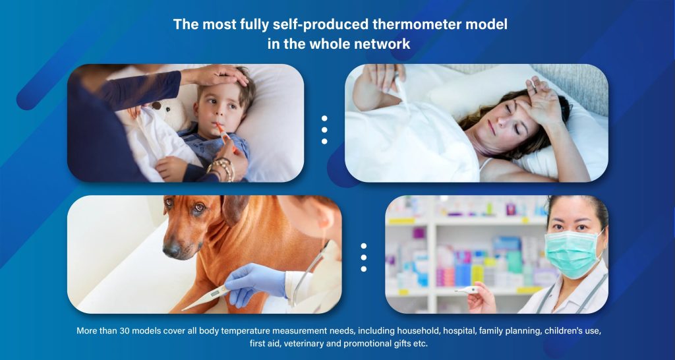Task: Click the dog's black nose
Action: pyautogui.click(x=171, y=249)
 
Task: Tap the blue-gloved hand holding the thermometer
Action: pyautogui.click(x=254, y=282)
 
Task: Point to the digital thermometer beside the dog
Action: pyautogui.click(x=206, y=297)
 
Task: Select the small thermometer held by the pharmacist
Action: pyautogui.click(x=467, y=291)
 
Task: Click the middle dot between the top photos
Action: pyautogui.click(x=324, y=130)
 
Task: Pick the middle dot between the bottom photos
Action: pyautogui.click(x=364, y=258)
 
